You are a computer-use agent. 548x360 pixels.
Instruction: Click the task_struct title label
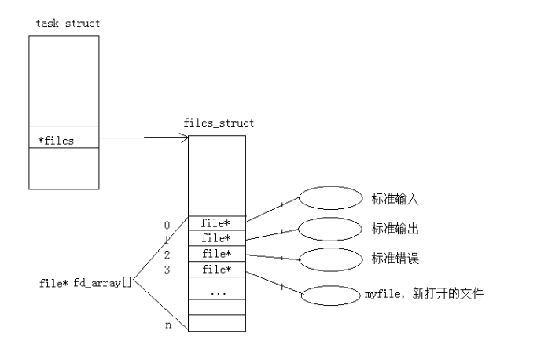[x=68, y=23]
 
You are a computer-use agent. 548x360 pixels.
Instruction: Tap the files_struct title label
[x=218, y=123]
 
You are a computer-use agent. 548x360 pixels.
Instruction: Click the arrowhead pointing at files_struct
[x=185, y=140]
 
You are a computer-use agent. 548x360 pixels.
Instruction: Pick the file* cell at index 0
[x=216, y=223]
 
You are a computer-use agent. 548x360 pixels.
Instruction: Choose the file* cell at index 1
[x=216, y=237]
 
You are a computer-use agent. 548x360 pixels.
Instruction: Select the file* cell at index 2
[x=216, y=253]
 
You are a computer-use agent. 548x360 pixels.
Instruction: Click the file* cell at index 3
[x=216, y=269]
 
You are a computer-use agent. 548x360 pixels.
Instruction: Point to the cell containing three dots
[x=216, y=291]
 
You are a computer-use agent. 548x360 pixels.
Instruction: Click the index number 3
[x=167, y=270]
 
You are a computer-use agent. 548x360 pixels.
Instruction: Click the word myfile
[x=381, y=295]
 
